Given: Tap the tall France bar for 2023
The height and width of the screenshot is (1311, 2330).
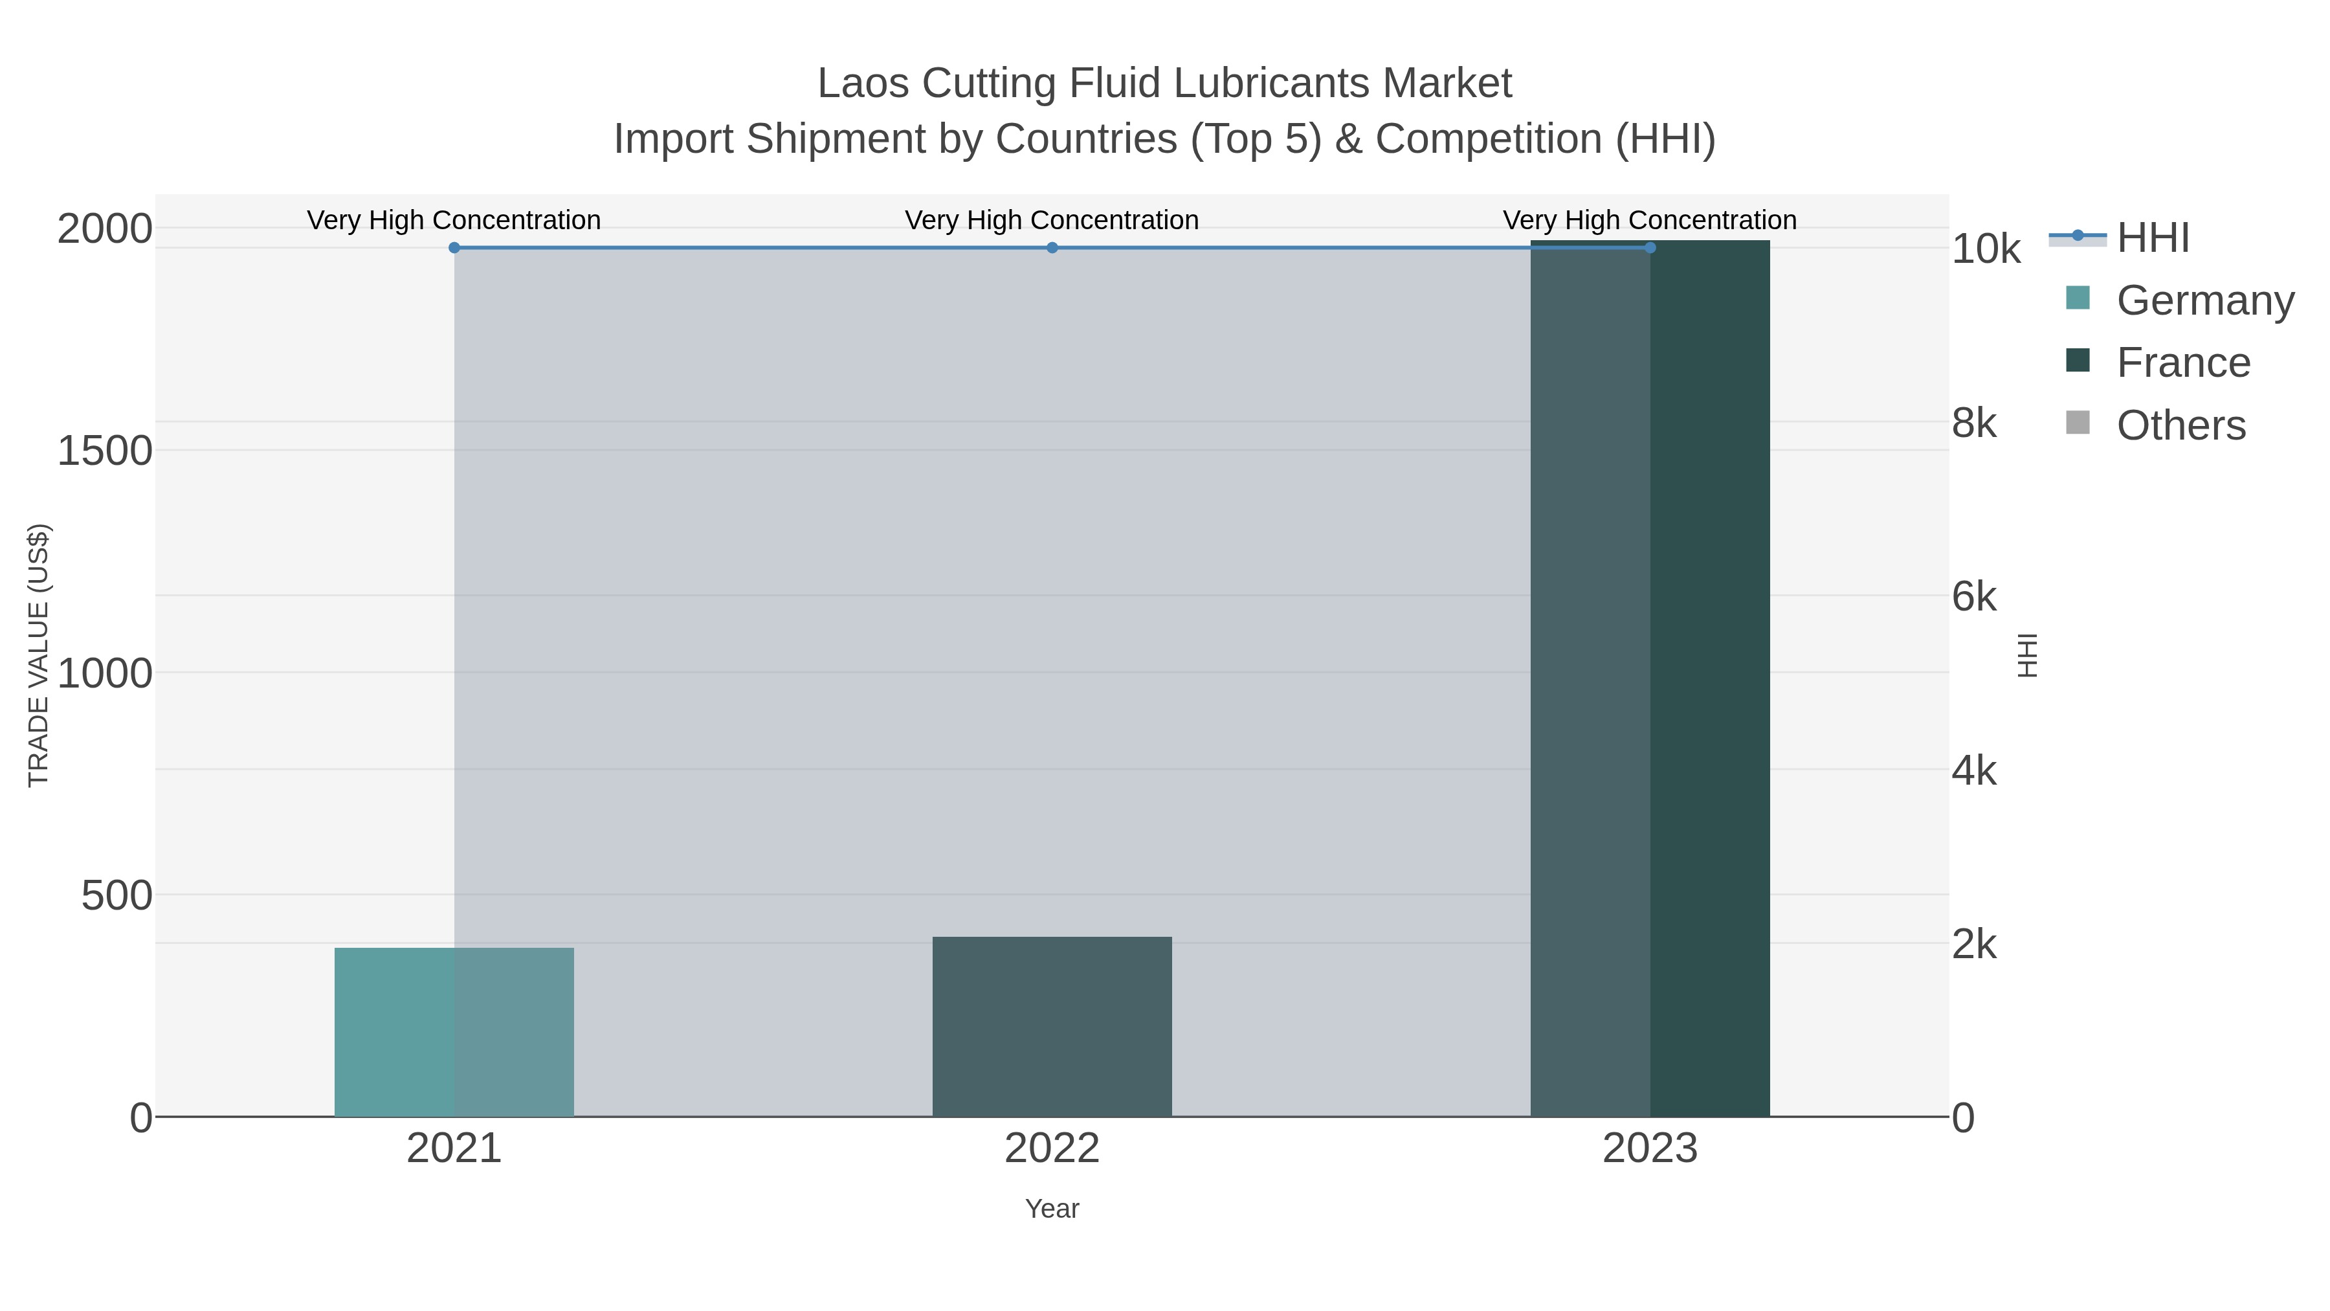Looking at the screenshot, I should pyautogui.click(x=1650, y=678).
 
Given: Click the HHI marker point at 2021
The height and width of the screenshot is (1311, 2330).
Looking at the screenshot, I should pyautogui.click(x=454, y=248).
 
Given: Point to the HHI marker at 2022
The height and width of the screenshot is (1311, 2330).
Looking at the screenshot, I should pyautogui.click(x=1052, y=248).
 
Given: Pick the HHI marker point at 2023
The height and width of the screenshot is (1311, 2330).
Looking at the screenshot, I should pyautogui.click(x=1650, y=248).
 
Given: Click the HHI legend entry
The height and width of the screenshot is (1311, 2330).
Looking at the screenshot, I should pyautogui.click(x=2153, y=238).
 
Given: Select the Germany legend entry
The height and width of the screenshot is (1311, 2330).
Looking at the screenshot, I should pyautogui.click(x=2204, y=300).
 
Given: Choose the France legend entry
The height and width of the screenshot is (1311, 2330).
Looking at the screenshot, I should pyautogui.click(x=2182, y=363).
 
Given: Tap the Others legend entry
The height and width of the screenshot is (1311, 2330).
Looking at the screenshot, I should pyautogui.click(x=2180, y=425).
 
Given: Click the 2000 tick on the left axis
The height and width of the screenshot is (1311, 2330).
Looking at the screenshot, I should pyautogui.click(x=104, y=229).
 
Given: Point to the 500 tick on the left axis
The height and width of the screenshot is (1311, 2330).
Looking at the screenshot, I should pyautogui.click(x=116, y=897).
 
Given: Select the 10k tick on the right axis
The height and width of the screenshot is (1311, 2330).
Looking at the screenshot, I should pyautogui.click(x=1986, y=250).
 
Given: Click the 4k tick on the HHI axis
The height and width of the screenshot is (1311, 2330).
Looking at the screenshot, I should pyautogui.click(x=1973, y=771).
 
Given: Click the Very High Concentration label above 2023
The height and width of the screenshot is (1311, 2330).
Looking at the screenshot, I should pyautogui.click(x=1650, y=220).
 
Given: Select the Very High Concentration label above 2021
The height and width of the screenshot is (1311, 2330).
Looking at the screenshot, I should pyautogui.click(x=454, y=220).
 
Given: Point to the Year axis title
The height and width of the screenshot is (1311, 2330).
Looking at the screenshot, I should pyautogui.click(x=1052, y=1209).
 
